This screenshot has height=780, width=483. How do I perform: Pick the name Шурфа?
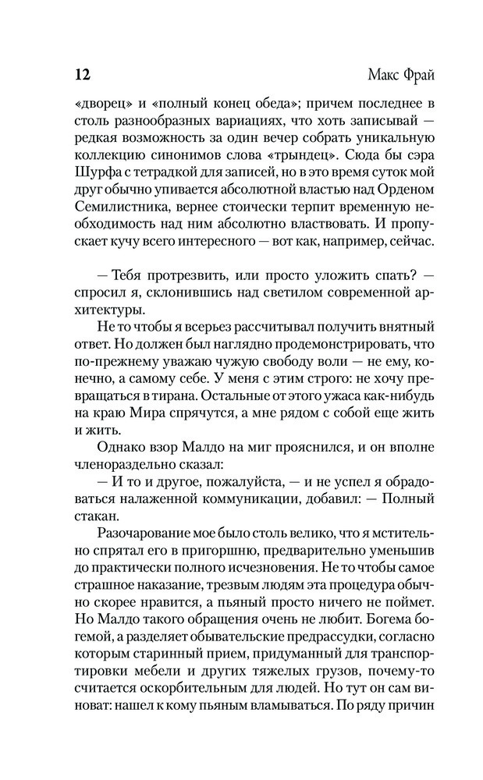[87, 187]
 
